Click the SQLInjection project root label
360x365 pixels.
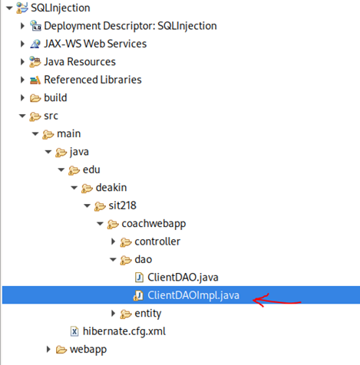60,8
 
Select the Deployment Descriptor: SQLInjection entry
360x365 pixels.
130,26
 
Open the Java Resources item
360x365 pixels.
80,61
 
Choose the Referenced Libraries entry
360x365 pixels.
92,79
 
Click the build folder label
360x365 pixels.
55,97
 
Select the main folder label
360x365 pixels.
68,133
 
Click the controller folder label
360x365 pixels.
157,242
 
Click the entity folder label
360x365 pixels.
147,313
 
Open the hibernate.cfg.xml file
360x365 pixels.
123,331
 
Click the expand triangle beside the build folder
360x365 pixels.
23,97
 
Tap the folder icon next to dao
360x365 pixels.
125,259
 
